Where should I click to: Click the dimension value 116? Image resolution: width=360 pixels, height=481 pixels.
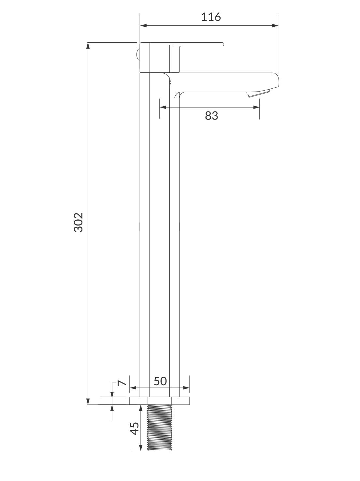pyautogui.click(x=211, y=17)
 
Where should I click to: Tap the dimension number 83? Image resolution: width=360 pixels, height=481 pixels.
pyautogui.click(x=211, y=115)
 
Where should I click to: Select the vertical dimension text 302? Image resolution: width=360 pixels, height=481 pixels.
pyautogui.click(x=79, y=222)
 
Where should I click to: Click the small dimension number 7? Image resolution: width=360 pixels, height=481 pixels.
pyautogui.click(x=122, y=383)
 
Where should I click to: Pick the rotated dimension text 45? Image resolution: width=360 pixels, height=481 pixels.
pyautogui.click(x=134, y=428)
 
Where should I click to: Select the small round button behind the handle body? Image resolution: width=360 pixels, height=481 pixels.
pyautogui.click(x=138, y=54)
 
